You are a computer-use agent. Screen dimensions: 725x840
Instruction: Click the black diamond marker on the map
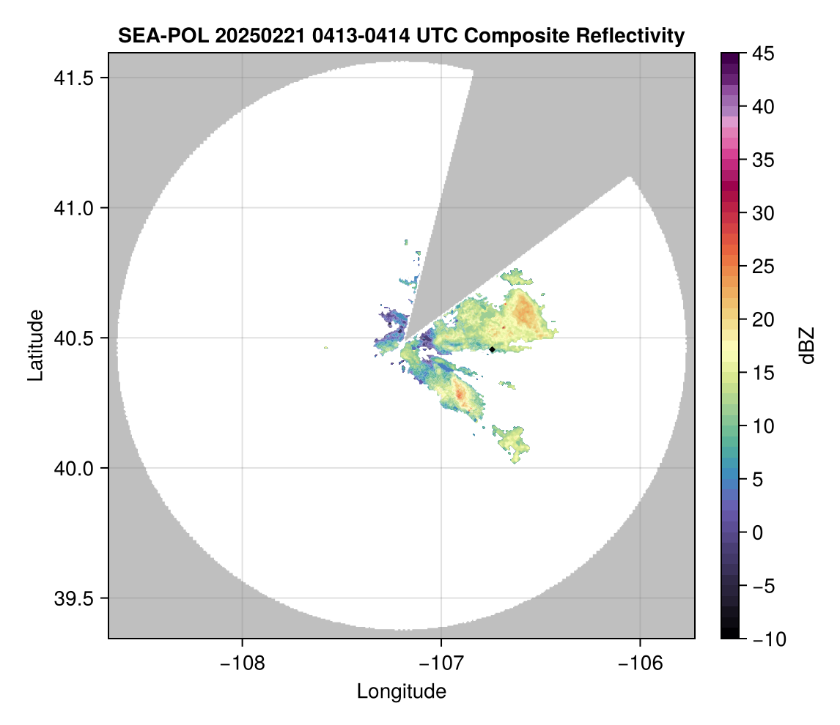[x=493, y=349]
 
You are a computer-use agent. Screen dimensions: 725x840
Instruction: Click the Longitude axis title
[x=402, y=691]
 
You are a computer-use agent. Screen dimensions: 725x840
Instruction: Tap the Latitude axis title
[x=34, y=345]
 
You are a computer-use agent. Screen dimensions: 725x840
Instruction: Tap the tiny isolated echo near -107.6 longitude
[x=325, y=347]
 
